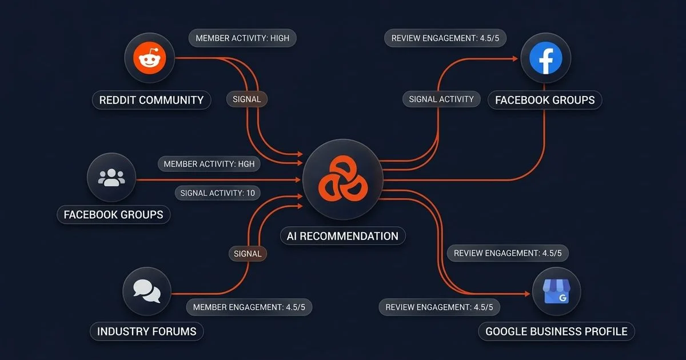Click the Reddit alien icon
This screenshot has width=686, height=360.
pos(149,57)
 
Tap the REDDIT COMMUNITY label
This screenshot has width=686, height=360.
pos(151,100)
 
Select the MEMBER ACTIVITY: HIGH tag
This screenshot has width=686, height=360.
pos(242,38)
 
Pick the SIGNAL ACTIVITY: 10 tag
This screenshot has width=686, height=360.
pos(217,193)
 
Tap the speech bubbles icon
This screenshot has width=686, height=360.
pos(146,291)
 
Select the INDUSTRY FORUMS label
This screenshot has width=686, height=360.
pos(146,331)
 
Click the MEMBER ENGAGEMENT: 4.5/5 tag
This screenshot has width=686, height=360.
pos(249,307)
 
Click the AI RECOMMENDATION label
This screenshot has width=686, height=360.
pos(343,236)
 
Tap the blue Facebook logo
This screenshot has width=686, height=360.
pos(546,57)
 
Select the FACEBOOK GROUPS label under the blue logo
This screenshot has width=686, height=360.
pos(545,100)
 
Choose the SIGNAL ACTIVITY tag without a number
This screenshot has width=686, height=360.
pos(441,99)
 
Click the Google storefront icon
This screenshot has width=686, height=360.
pos(556,291)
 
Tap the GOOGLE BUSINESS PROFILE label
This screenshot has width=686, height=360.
pos(556,331)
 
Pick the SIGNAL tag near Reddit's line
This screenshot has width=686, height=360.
pos(247,99)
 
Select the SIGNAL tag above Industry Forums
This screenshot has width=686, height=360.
pos(248,253)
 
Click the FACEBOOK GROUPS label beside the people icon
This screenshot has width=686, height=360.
pos(113,215)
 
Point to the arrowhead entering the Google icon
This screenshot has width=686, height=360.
pos(527,294)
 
